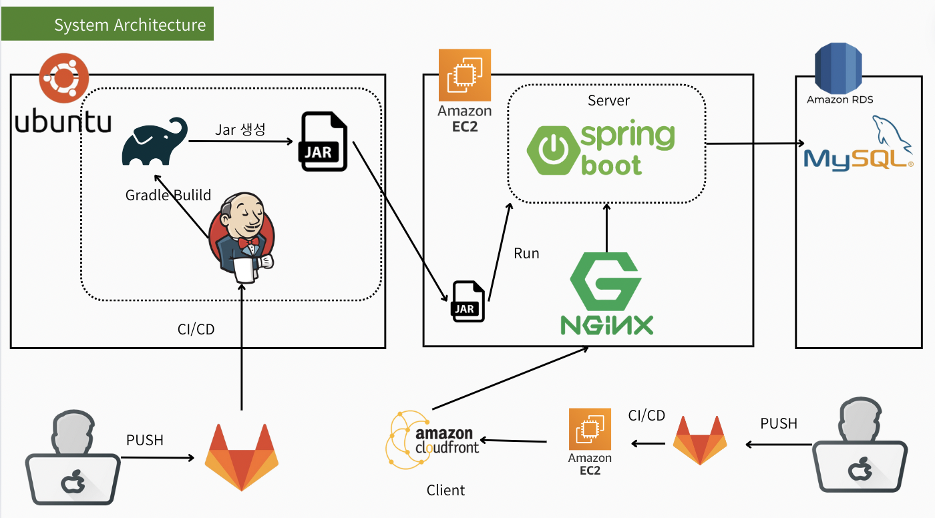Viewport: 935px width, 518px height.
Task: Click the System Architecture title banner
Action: click(108, 25)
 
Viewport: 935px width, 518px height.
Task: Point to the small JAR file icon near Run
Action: click(469, 301)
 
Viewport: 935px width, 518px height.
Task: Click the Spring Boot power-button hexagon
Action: click(552, 151)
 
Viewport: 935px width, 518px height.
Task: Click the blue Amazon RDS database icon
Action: click(839, 69)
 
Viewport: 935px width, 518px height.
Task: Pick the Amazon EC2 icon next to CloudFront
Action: click(590, 430)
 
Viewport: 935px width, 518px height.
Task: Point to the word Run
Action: click(526, 254)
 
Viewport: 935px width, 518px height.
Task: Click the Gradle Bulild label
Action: click(168, 196)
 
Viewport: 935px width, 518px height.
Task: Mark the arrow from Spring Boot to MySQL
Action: click(755, 143)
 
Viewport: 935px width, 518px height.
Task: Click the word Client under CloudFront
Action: click(445, 491)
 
